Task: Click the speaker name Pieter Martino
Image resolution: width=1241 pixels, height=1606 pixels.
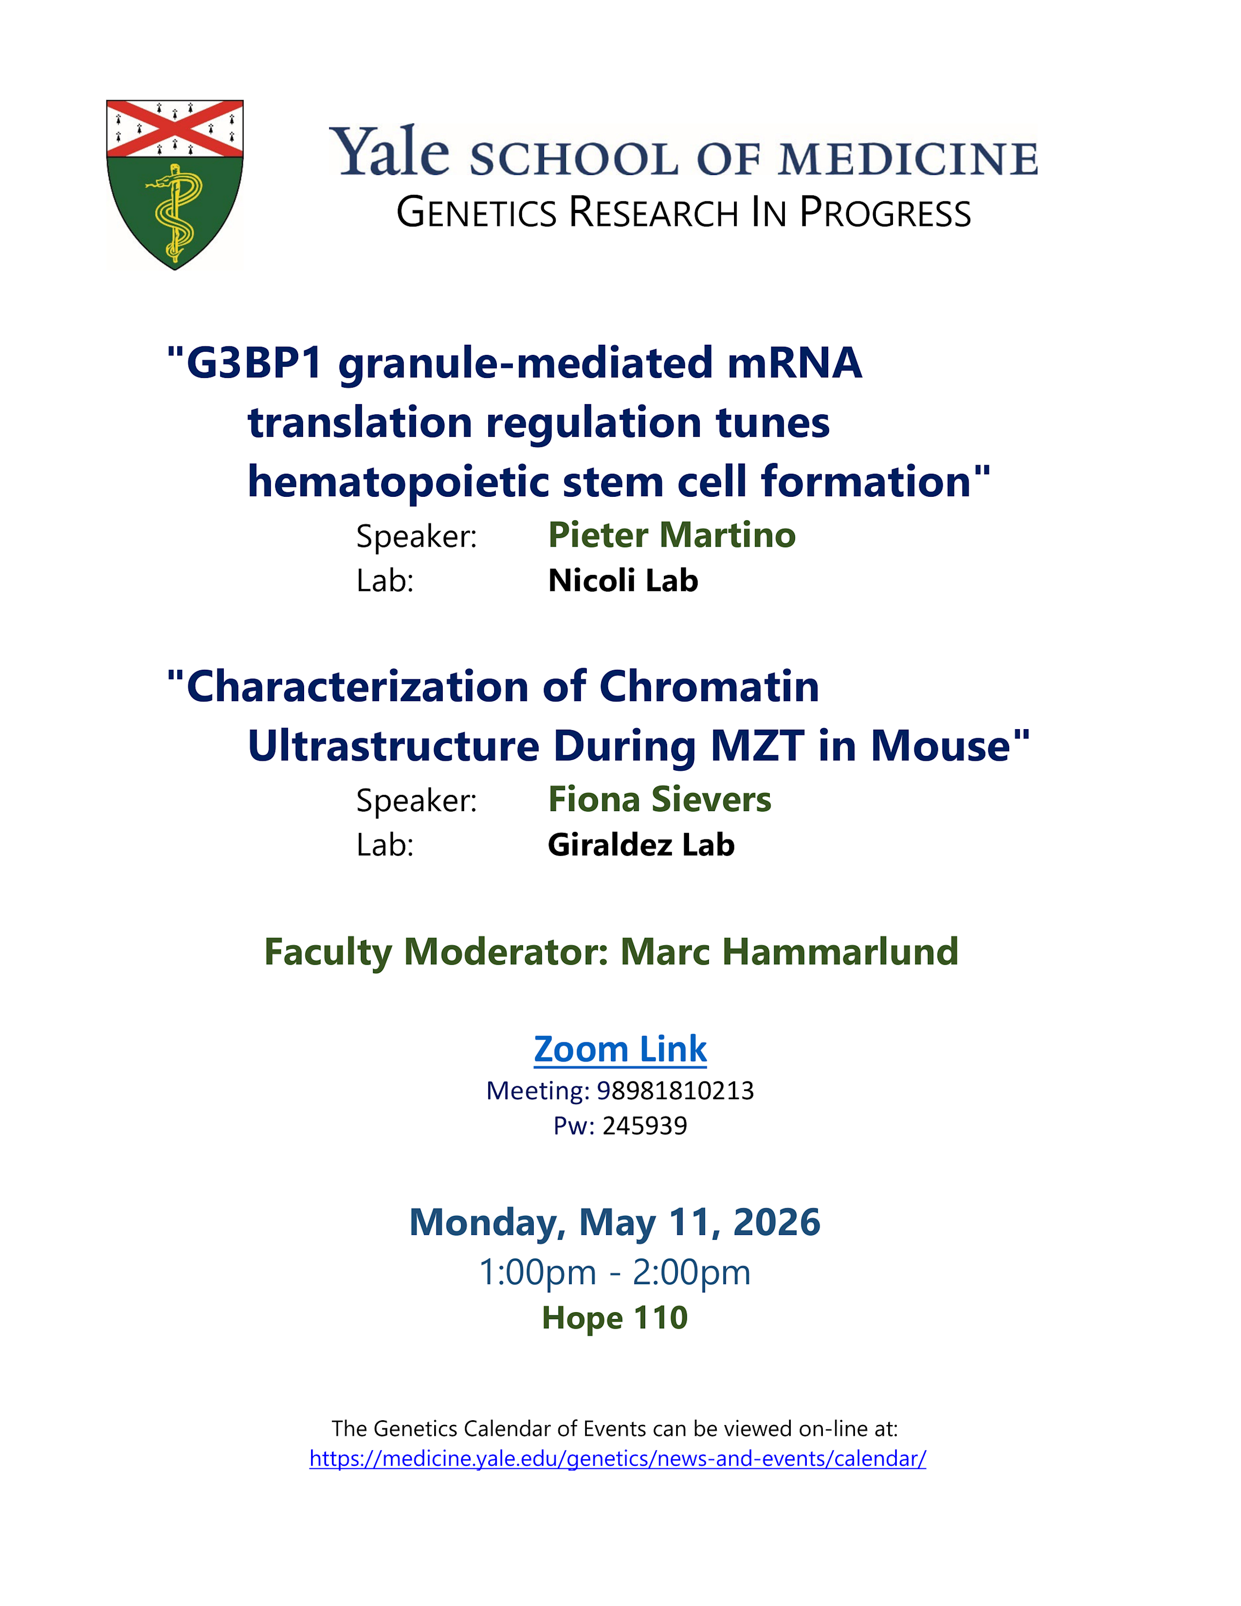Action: pyautogui.click(x=672, y=535)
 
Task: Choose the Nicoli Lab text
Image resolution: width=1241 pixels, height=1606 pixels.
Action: pyautogui.click(x=623, y=580)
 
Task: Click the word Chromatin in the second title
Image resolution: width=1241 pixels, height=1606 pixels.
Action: pyautogui.click(x=709, y=686)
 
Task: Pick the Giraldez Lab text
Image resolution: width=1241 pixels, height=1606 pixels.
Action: pyautogui.click(x=641, y=845)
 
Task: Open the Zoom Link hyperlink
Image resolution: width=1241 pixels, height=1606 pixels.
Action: pyautogui.click(x=620, y=1049)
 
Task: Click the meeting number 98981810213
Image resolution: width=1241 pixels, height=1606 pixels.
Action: pyautogui.click(x=676, y=1090)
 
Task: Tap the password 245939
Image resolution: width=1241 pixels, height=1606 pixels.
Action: pyautogui.click(x=645, y=1126)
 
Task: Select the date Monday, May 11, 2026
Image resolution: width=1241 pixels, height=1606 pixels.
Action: pyautogui.click(x=615, y=1223)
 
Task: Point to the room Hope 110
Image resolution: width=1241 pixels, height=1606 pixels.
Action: pyautogui.click(x=615, y=1318)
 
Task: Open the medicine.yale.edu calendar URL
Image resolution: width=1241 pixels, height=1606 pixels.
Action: pyautogui.click(x=618, y=1458)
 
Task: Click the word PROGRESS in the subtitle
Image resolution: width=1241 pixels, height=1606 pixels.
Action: pyautogui.click(x=885, y=213)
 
